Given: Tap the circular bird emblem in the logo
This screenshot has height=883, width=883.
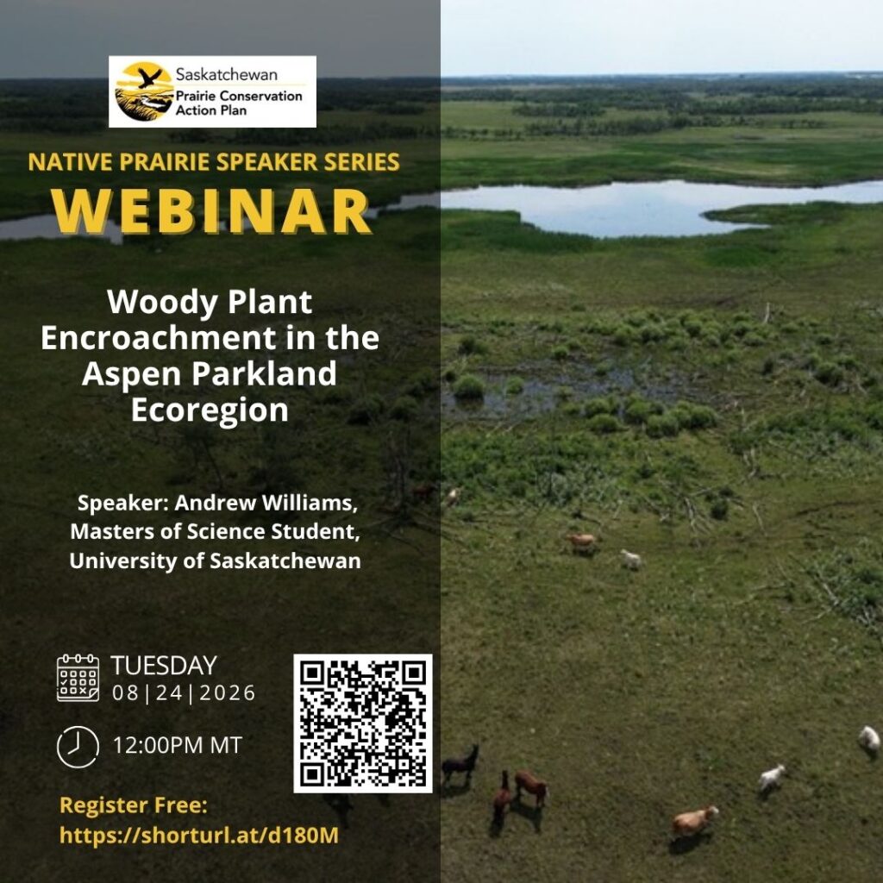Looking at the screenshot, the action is (x=144, y=91).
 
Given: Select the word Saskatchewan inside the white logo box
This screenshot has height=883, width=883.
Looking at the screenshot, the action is (x=227, y=74).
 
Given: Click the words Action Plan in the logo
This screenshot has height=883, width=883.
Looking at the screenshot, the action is (x=211, y=110).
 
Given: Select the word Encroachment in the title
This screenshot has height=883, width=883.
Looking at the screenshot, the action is (x=159, y=338).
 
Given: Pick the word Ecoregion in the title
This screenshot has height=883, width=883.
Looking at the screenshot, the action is (x=210, y=410).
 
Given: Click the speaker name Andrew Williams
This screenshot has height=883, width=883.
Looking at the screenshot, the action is (x=266, y=503).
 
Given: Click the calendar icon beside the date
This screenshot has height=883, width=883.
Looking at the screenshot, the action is (x=78, y=678).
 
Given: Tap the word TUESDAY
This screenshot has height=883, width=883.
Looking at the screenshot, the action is (x=164, y=666).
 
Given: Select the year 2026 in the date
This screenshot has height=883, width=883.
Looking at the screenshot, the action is (x=228, y=692).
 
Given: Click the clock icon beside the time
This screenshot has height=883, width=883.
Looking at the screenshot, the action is (x=78, y=747).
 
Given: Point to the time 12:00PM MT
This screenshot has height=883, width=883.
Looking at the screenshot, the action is (x=178, y=745).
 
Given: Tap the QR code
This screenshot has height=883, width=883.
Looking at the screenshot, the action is (x=363, y=723).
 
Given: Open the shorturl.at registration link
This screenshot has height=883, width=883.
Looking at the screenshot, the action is (x=199, y=835).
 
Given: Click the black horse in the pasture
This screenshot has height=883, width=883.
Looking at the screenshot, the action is (x=460, y=765).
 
